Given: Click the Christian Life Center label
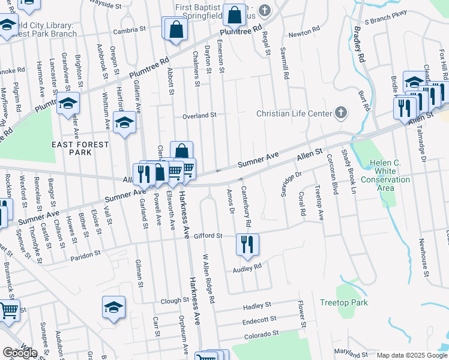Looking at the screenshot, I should click(x=294, y=113).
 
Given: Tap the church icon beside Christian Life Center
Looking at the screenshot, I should click(x=340, y=112).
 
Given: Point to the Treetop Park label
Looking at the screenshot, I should click(x=343, y=302).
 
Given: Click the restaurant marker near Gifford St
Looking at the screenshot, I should click(x=247, y=244).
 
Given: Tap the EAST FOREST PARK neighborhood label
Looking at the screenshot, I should click(x=80, y=148).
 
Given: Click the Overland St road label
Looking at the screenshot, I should click(x=199, y=115).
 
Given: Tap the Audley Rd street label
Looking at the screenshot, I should click(x=247, y=268).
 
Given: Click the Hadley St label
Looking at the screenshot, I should click(x=257, y=306).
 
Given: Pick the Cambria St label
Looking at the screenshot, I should click(x=130, y=29).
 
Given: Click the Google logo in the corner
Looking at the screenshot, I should click(x=20, y=353).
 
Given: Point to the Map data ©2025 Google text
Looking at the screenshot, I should click(x=412, y=355).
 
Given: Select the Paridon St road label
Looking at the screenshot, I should click(x=85, y=255).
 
